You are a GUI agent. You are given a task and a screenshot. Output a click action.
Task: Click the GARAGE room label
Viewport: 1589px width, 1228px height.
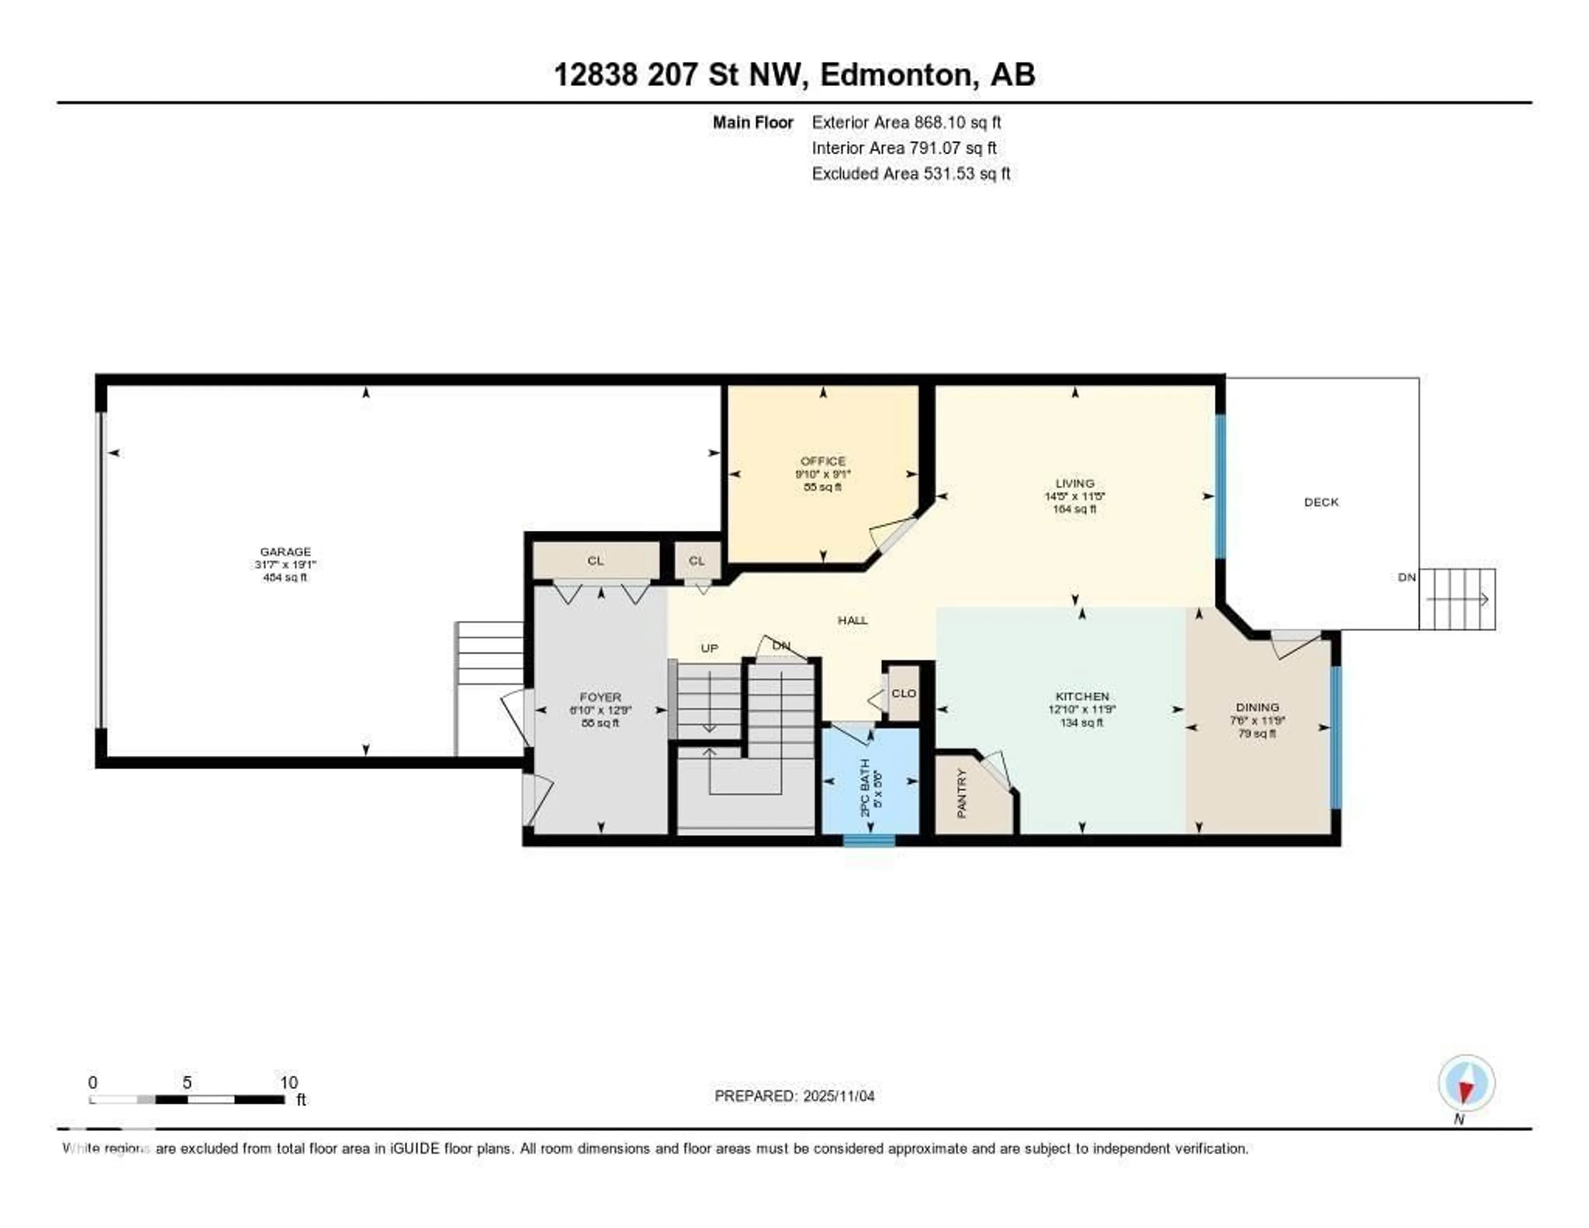point(285,552)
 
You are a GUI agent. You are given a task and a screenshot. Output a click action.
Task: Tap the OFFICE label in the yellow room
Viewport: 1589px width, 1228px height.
point(823,461)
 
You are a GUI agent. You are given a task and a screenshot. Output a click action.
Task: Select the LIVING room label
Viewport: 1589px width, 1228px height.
point(1075,483)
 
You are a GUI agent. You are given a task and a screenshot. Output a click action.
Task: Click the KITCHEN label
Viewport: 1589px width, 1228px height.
point(1082,697)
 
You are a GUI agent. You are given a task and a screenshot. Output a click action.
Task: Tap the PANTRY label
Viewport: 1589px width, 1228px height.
point(961,793)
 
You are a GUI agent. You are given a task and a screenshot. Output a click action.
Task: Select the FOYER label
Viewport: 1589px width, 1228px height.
point(600,697)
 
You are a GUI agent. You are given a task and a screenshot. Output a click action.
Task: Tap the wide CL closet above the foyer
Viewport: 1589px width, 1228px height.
point(595,561)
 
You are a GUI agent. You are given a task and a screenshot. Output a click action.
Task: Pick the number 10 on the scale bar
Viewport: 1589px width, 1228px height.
point(289,1082)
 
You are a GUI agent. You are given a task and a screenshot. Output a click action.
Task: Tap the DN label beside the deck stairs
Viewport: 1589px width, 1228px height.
point(1407,577)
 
